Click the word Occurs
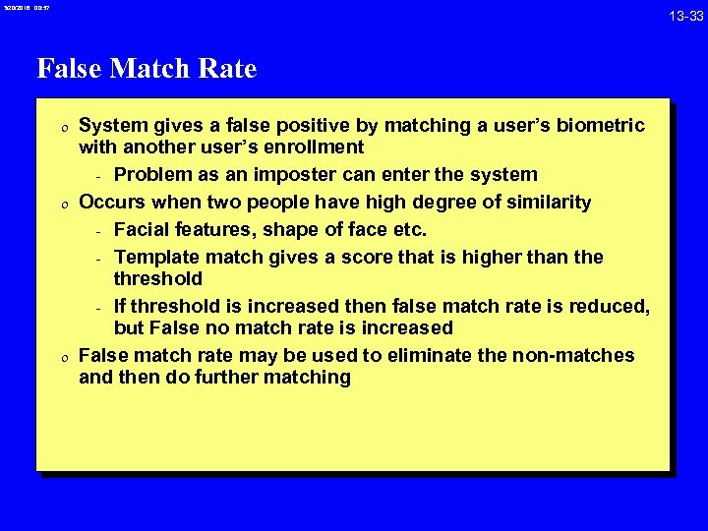point(109,203)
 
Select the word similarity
point(543,203)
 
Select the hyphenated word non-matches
point(578,355)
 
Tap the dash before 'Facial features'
point(99,231)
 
